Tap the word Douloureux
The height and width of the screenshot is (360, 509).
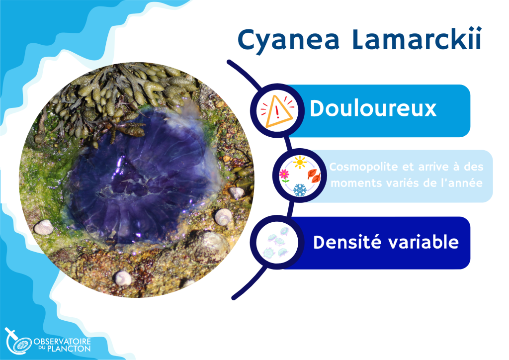pos(373,108)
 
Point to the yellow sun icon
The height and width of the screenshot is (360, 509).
pos(299,162)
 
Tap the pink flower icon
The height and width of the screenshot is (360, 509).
pos(284,176)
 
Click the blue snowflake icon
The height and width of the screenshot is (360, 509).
pos(300,190)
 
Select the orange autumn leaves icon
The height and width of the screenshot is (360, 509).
pos(314,176)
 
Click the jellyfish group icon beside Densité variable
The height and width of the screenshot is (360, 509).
pos(277,242)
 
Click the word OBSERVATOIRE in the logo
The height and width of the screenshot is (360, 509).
pos(62,342)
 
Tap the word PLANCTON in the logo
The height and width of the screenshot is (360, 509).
pos(69,349)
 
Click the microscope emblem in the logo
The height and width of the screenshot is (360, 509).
pos(18,342)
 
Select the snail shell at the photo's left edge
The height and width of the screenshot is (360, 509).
pos(43,227)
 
